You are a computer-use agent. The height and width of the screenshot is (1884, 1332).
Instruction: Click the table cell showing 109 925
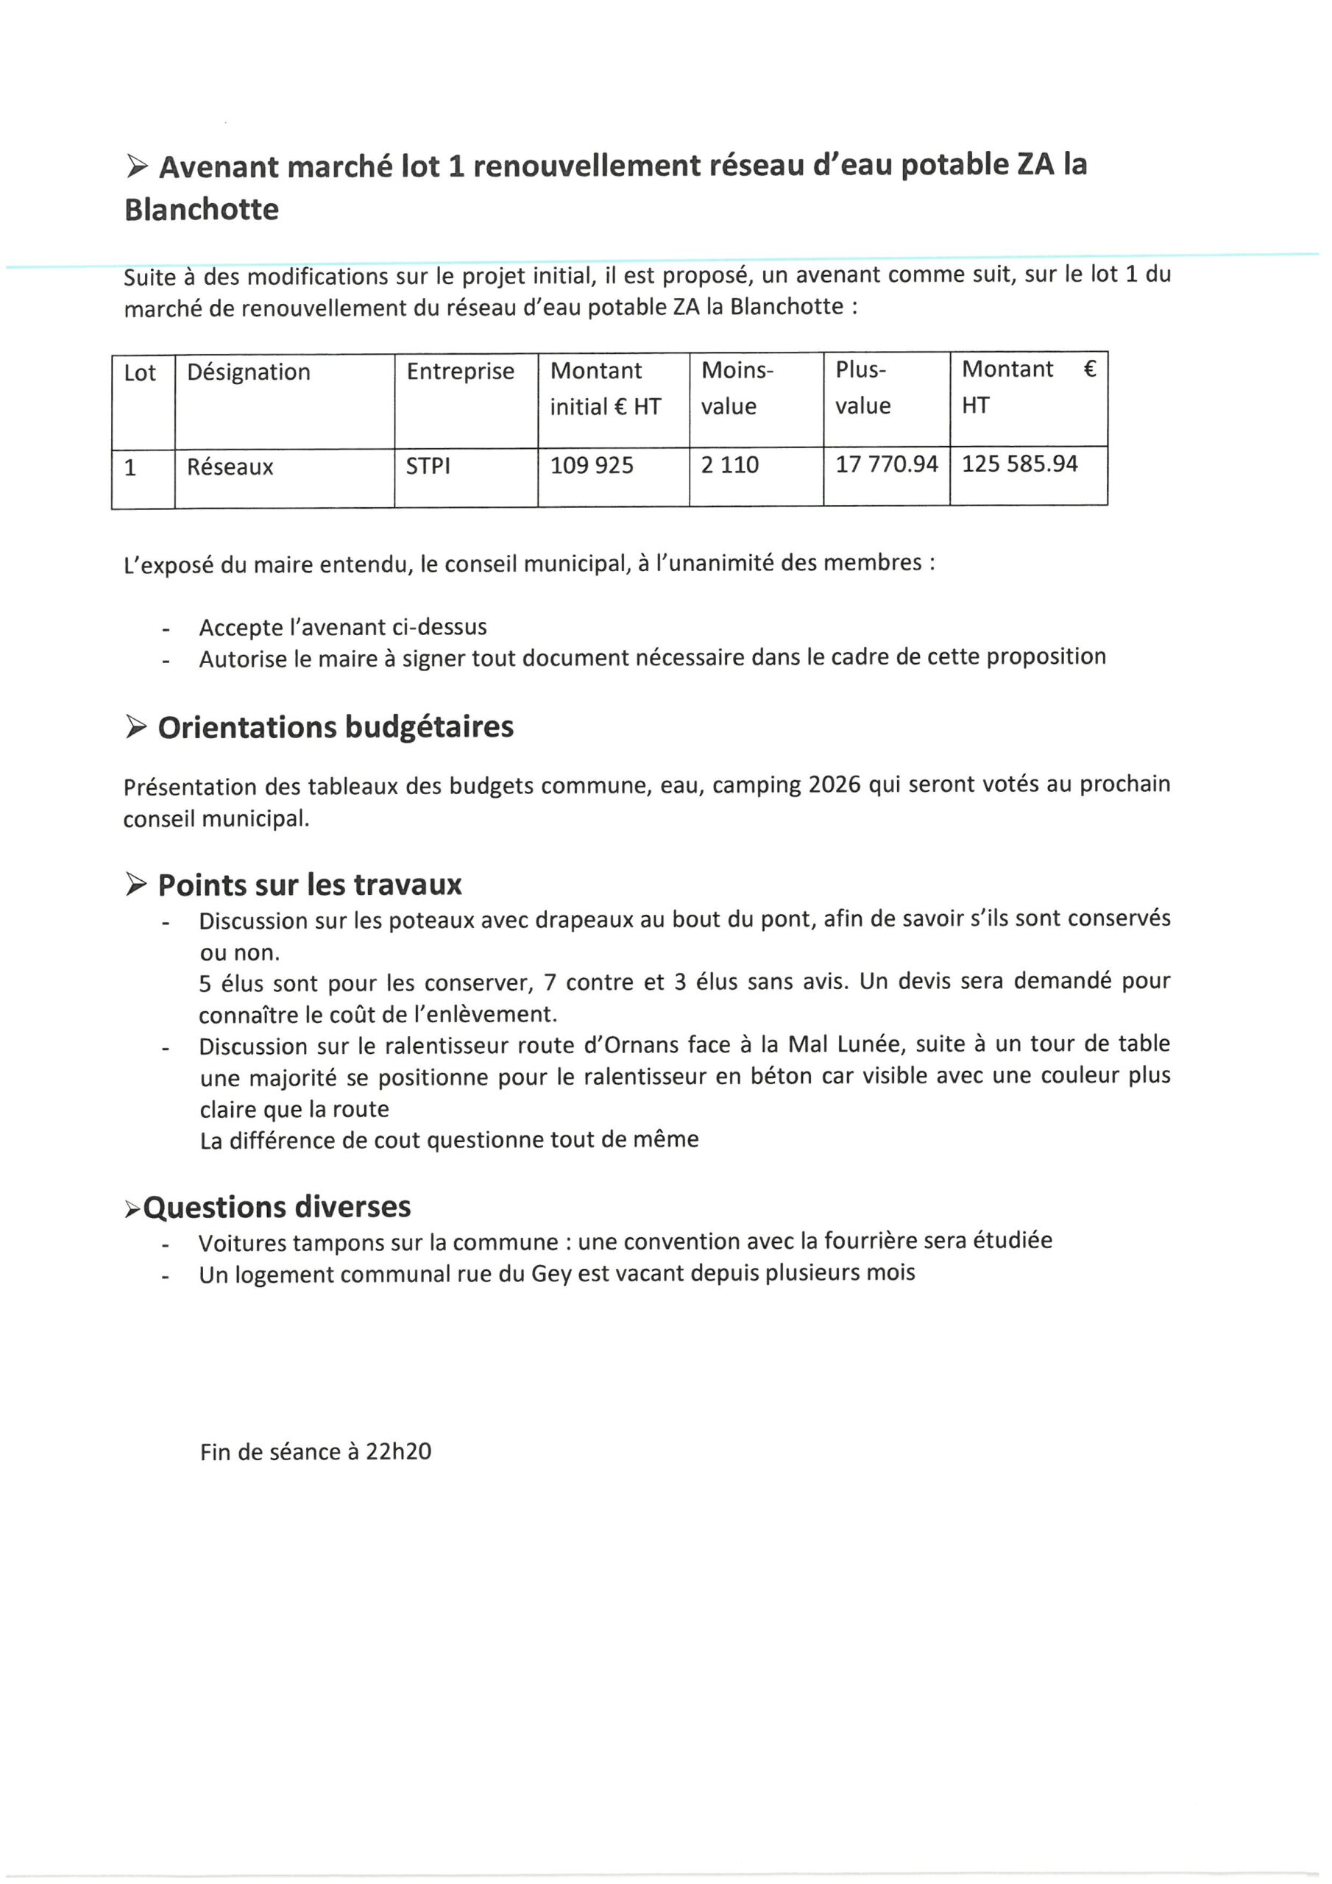pos(591,465)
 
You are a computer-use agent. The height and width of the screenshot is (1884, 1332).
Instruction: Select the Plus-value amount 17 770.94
pos(885,464)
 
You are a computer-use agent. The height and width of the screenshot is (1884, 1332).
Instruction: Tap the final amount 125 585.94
pos(1019,464)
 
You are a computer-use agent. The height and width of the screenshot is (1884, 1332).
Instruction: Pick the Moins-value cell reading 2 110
pos(729,465)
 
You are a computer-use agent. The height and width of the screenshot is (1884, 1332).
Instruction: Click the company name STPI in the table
pos(428,466)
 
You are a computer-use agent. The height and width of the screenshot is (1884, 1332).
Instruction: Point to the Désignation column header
pos(248,372)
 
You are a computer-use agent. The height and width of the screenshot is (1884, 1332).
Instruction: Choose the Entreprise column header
pos(460,372)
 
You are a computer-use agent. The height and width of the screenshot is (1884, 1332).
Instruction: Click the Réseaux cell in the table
pos(230,467)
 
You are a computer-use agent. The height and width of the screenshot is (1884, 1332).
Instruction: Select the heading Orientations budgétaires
pos(335,727)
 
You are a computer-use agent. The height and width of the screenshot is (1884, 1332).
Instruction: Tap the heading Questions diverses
pos(277,1207)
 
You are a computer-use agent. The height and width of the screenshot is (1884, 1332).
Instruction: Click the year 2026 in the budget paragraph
pos(834,785)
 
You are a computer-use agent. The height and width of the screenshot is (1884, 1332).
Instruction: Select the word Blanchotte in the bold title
pos(201,209)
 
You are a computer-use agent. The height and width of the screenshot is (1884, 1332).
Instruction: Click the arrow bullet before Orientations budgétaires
pos(136,726)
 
